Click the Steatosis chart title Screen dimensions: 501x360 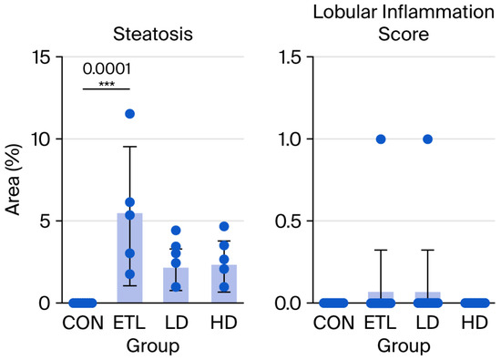pyautogui.click(x=153, y=34)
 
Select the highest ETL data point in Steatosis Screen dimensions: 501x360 pyautogui.click(x=129, y=114)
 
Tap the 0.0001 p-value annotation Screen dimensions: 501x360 pyautogui.click(x=107, y=69)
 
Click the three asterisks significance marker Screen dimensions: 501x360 pyautogui.click(x=107, y=85)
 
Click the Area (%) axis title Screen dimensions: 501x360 pyautogui.click(x=13, y=180)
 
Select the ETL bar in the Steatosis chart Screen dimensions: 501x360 pyautogui.click(x=129, y=258)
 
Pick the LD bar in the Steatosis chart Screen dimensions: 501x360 pyautogui.click(x=176, y=285)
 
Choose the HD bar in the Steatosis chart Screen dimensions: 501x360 pyautogui.click(x=224, y=283)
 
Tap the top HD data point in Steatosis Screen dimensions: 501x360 pyautogui.click(x=224, y=227)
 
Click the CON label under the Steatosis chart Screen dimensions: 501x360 pyautogui.click(x=83, y=323)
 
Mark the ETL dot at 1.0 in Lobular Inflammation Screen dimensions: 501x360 pyautogui.click(x=381, y=139)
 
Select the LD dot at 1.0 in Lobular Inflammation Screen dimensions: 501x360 pyautogui.click(x=428, y=139)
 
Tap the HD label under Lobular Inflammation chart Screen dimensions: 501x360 pyautogui.click(x=475, y=323)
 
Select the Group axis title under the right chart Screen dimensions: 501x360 pyautogui.click(x=404, y=346)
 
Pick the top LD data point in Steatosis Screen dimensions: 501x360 pyautogui.click(x=176, y=231)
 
